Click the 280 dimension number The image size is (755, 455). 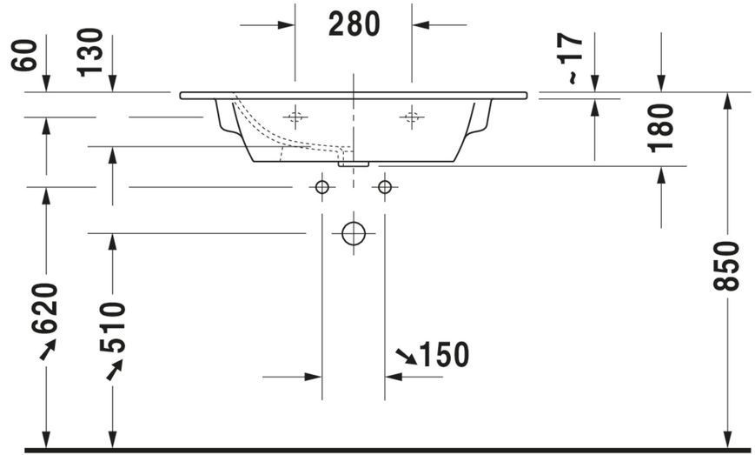pyautogui.click(x=354, y=24)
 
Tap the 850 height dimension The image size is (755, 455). pyautogui.click(x=726, y=266)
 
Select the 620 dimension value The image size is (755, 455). pyautogui.click(x=45, y=309)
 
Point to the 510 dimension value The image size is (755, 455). pyautogui.click(x=112, y=328)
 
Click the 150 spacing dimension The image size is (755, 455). pyautogui.click(x=444, y=355)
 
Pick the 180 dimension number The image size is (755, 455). pyautogui.click(x=660, y=128)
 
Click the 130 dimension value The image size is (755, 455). pyautogui.click(x=90, y=52)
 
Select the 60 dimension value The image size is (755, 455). pyautogui.click(x=24, y=56)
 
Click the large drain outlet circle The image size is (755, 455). pyautogui.click(x=354, y=234)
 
